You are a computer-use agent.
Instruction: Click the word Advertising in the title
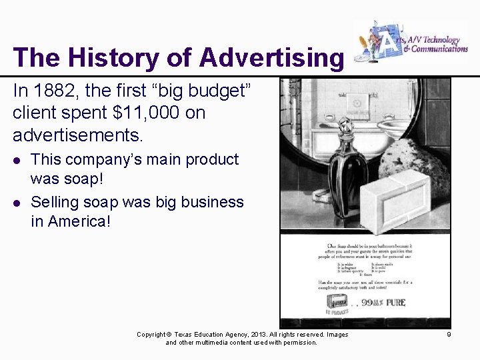pos(271,57)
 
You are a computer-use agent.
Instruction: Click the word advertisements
pos(78,135)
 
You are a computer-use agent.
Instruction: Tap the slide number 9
pos(449,334)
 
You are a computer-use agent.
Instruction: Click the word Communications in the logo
pos(439,49)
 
